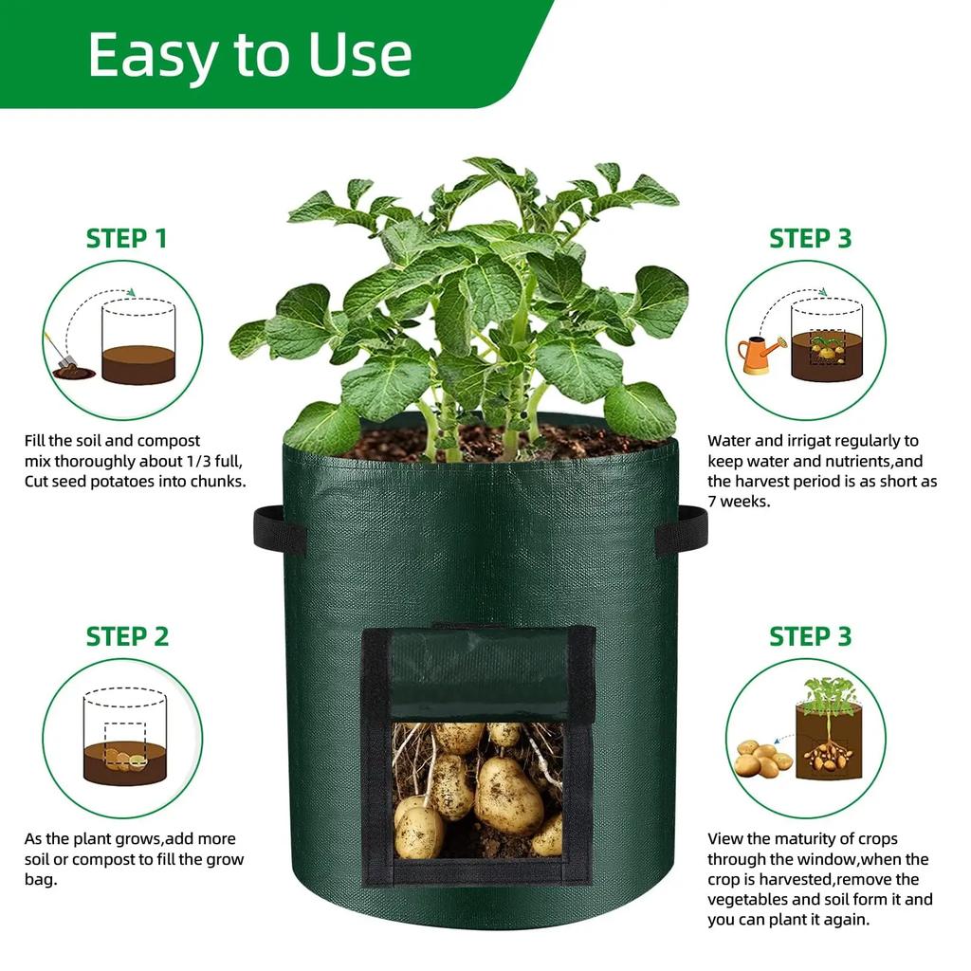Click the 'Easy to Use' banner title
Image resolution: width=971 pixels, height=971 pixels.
[250, 54]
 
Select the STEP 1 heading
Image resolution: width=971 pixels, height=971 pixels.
[126, 238]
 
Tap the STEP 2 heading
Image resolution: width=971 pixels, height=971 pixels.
[127, 636]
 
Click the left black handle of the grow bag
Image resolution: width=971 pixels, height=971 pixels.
[278, 529]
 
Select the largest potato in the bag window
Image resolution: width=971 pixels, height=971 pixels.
[508, 795]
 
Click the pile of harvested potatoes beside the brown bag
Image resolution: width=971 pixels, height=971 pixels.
[762, 760]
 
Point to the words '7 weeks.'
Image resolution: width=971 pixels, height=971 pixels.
[739, 501]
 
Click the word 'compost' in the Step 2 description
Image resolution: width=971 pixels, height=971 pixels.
[112, 860]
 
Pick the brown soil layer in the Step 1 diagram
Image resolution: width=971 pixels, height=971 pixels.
[138, 363]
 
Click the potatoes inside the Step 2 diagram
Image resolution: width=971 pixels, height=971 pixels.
[123, 759]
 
